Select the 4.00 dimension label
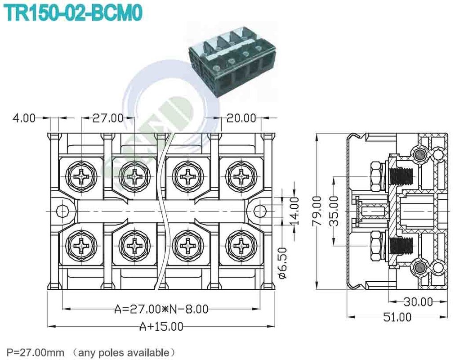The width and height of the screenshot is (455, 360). click(x=23, y=118)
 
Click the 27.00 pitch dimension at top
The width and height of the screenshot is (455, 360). click(x=107, y=118)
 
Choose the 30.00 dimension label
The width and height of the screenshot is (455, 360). click(x=418, y=301)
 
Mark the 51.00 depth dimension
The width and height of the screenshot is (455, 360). click(x=397, y=317)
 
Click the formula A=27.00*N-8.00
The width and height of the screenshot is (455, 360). click(x=161, y=309)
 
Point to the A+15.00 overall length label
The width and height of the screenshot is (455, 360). click(x=161, y=326)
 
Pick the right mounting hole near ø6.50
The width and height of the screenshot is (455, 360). click(x=259, y=211)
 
